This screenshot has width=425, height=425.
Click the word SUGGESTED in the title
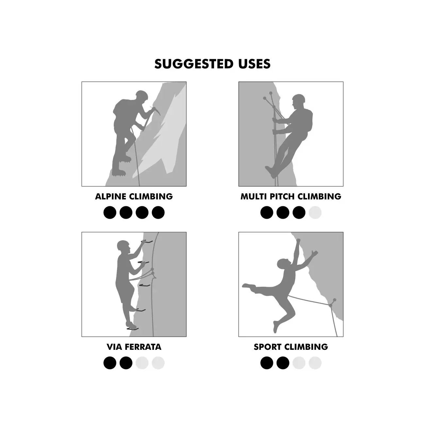[x=194, y=64]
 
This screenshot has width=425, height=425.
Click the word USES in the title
[x=254, y=64]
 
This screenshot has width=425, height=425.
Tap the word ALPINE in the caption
[x=110, y=196]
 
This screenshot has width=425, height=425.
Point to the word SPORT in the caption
[x=267, y=347]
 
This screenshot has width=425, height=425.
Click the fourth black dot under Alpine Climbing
[x=158, y=212]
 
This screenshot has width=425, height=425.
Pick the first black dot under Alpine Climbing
[x=110, y=212]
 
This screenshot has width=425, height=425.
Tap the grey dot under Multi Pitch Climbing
[x=315, y=212]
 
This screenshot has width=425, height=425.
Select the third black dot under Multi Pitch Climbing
[x=299, y=212]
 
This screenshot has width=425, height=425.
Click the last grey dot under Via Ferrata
[x=158, y=363]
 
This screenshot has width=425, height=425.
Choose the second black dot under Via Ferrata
[x=126, y=363]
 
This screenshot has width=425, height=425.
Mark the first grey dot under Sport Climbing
[x=299, y=363]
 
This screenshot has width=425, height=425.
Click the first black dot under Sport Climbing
[x=267, y=363]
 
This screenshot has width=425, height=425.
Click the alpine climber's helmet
[x=142, y=94]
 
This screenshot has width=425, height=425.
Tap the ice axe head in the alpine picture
[x=156, y=110]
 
